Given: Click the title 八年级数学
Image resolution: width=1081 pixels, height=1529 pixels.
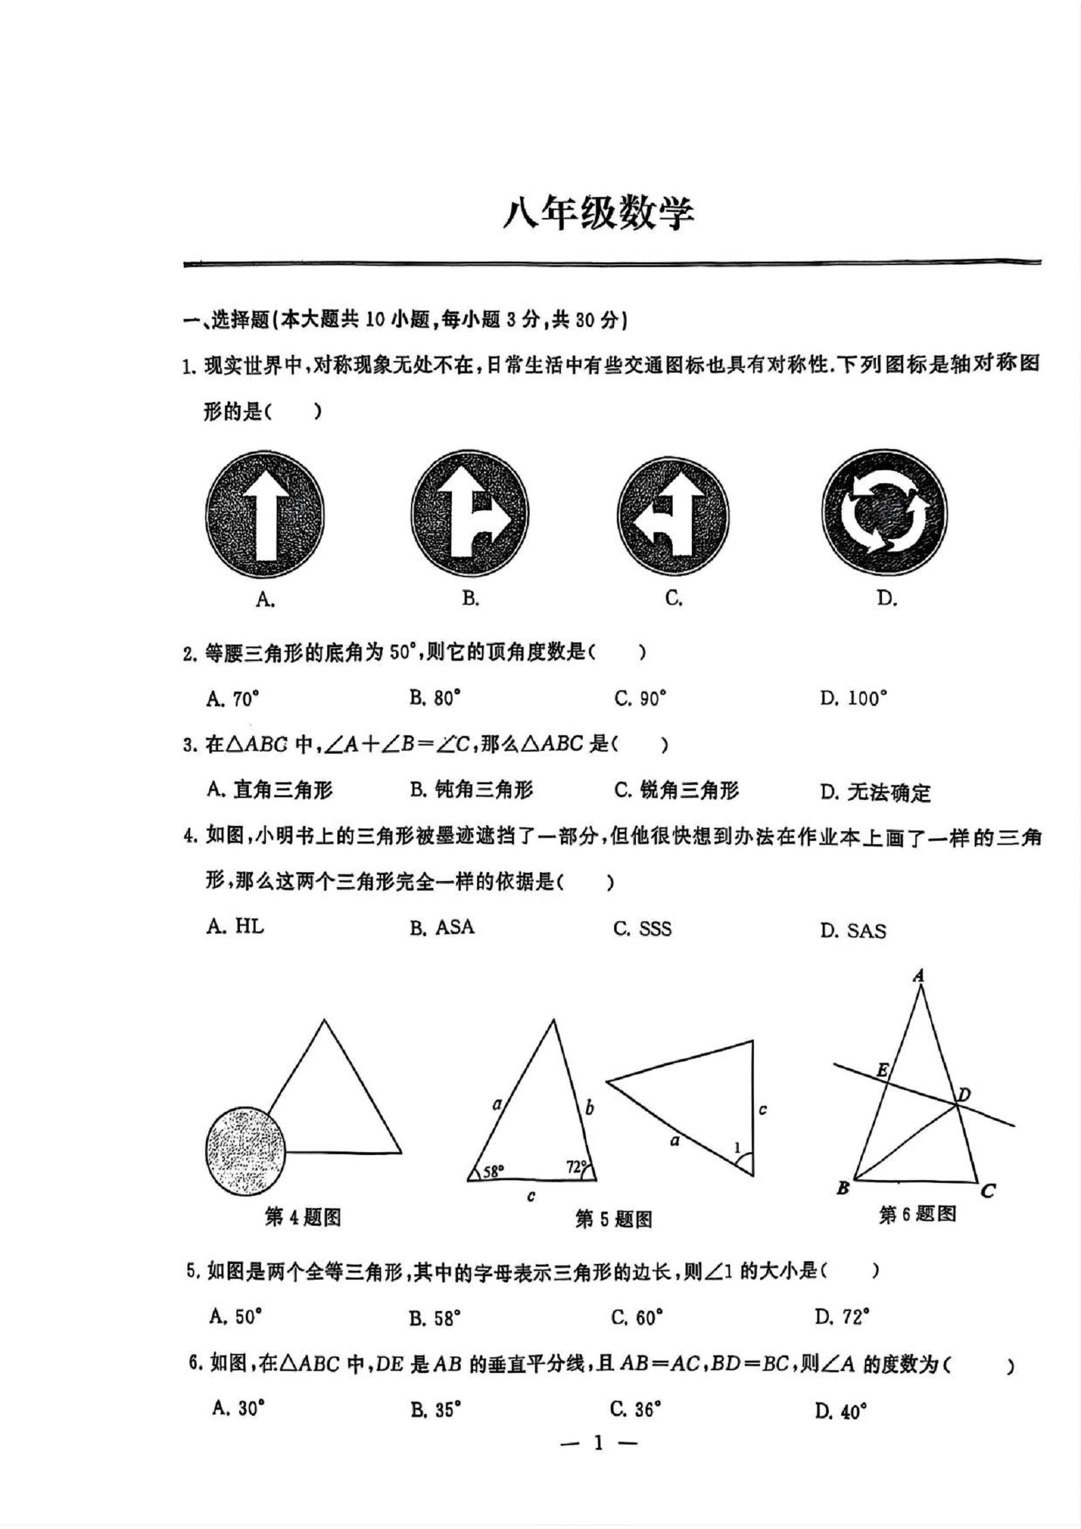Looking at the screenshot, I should click(598, 215).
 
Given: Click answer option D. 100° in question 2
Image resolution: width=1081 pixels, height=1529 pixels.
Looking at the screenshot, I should click(853, 698).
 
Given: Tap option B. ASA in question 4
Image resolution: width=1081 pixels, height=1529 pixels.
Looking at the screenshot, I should click(442, 927).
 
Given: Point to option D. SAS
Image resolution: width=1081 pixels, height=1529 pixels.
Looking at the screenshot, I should click(853, 930).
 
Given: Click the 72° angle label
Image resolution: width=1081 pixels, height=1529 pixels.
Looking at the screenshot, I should click(576, 1167).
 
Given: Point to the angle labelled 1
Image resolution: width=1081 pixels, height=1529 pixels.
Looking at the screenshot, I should click(737, 1148).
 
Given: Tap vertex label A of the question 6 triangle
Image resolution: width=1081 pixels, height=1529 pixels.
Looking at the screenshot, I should click(919, 976).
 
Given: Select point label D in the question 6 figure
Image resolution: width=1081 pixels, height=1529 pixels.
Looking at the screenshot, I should click(964, 1095).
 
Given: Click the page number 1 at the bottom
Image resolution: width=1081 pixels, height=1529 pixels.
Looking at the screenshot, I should click(598, 1442).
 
